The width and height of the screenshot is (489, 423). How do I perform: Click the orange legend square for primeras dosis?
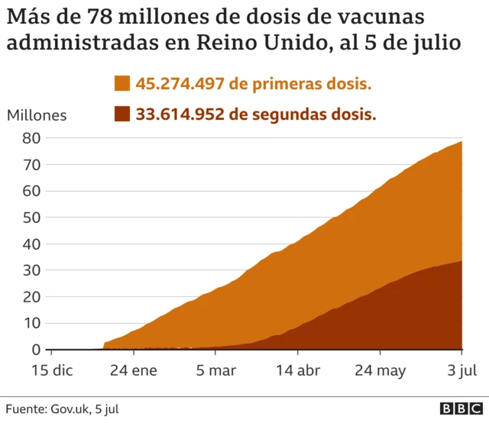point(123,84)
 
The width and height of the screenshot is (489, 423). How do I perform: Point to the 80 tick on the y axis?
point(31,139)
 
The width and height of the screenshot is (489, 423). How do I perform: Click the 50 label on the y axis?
point(31,218)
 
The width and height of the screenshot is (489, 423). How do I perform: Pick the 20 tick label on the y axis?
point(31,297)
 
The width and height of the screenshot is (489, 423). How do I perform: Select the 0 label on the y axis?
point(35,350)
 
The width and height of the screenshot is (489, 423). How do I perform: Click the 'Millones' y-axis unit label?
point(37,115)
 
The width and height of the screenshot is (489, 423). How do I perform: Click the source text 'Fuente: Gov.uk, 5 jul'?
point(63,409)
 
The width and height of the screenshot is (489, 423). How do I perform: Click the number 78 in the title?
point(117,18)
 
